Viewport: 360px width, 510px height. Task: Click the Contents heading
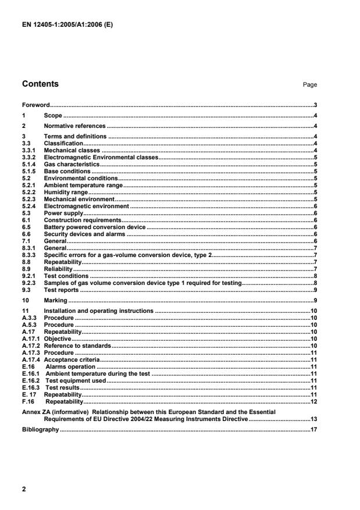click(x=40, y=84)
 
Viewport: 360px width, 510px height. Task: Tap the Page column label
click(x=309, y=85)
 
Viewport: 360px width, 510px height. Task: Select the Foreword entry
click(x=35, y=105)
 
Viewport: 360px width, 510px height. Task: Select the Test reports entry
click(x=61, y=290)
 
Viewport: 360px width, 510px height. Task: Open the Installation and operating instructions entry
click(x=99, y=312)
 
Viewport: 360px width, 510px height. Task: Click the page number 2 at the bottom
click(x=24, y=489)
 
